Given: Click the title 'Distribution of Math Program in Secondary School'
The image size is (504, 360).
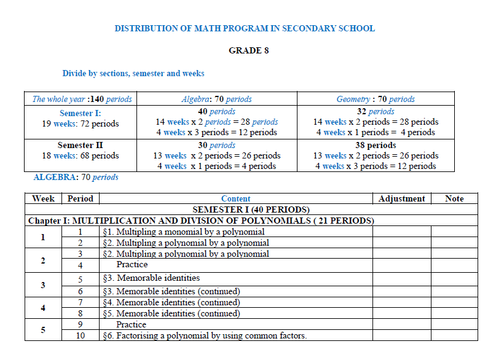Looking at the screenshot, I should pos(245,28).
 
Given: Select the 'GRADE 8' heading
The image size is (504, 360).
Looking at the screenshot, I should pos(248,50).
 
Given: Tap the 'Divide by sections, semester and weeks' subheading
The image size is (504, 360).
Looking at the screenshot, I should pos(133,73).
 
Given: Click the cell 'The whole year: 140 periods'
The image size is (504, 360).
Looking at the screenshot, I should pos(82,99).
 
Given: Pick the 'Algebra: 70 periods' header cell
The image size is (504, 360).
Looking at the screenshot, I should pos(216,99).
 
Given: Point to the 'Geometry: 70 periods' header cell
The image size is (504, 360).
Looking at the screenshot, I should pos(375,99).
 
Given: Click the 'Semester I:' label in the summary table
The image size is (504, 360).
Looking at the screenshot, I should pos(80,113).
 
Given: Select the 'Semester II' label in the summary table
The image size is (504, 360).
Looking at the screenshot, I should pos(80,146).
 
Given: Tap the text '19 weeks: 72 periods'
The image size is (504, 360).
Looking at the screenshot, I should pos(80,123).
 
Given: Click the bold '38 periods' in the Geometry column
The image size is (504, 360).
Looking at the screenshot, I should pos(375,146).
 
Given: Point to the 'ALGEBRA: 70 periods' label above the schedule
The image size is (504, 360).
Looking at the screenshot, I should pos(75,177).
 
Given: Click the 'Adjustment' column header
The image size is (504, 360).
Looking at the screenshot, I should pos(401,198).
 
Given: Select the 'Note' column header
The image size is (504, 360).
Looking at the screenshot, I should pos(454,198).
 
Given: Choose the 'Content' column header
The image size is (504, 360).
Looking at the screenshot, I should pos(235,198).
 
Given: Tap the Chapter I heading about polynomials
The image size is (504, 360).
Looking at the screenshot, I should pos(202,221).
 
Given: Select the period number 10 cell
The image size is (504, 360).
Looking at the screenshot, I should pos(80,335).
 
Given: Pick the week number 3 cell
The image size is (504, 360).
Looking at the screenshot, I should pos(43,285).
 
